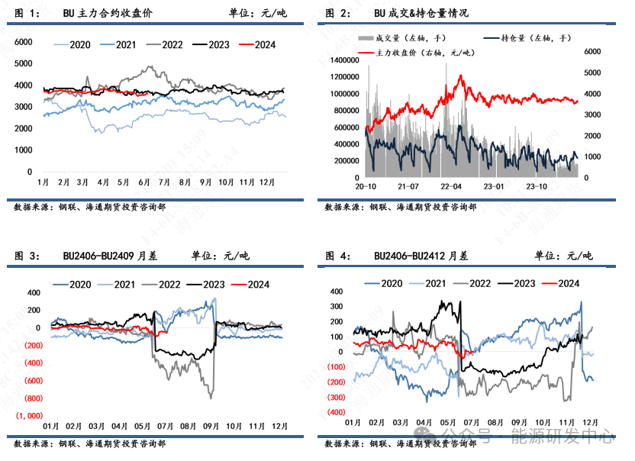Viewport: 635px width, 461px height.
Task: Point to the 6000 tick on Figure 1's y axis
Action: coord(24,42)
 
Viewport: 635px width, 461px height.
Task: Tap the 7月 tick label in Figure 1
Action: coord(163,182)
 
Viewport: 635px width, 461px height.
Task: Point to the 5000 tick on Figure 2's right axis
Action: coord(594,73)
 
